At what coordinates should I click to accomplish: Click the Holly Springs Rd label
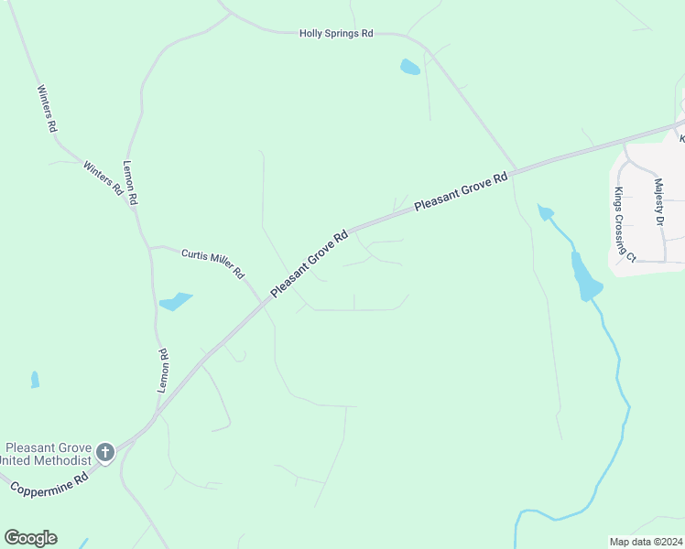coord(336,34)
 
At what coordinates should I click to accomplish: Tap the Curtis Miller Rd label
coord(213,264)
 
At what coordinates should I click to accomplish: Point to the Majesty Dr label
coord(658,202)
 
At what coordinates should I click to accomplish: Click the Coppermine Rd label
coord(49,483)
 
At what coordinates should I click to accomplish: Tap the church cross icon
coord(105,452)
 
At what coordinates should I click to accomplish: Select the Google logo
coord(30,538)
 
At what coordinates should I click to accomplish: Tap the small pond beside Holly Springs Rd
coord(410,67)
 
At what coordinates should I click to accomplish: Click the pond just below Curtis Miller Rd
coord(175,301)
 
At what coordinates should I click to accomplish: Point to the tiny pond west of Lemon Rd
coord(35,379)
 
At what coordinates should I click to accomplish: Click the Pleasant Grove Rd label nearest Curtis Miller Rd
coord(310,264)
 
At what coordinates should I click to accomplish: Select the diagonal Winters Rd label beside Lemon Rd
coord(103,178)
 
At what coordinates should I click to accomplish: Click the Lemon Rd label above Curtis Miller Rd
coord(130,182)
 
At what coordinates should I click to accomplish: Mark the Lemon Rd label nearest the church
coord(164,371)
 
